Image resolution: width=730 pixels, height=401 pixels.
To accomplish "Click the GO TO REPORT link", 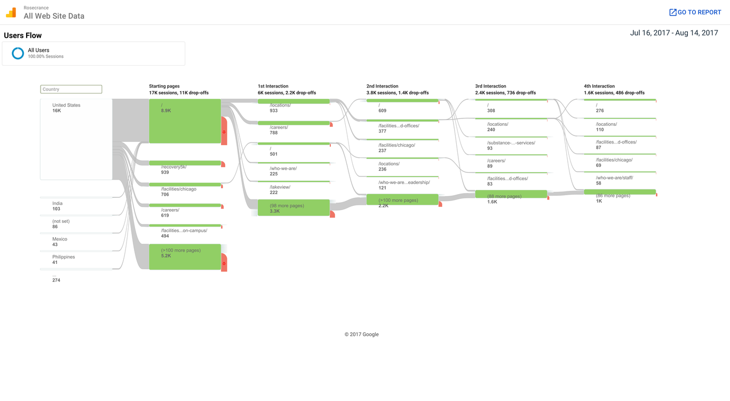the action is point(695,12).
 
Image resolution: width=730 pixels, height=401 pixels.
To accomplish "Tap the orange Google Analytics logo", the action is point(11,13).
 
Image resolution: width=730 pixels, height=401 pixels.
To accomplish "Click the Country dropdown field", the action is point(71,89).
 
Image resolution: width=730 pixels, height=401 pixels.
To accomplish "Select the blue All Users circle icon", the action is point(18,53).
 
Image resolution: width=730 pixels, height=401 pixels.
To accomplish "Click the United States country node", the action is point(76,139).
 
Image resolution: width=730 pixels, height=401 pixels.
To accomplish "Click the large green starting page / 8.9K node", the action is point(185,121).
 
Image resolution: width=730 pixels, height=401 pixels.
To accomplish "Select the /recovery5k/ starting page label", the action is point(174,167).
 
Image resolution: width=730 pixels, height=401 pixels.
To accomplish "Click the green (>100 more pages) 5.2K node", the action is point(185,256).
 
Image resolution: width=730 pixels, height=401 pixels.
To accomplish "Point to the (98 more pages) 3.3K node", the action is point(293,207).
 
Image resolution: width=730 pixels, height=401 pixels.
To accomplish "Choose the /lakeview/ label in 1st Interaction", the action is point(280,187).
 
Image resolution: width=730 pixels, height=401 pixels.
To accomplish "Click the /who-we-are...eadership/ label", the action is point(404,182).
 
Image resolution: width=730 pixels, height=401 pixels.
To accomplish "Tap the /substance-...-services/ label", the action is point(511,143).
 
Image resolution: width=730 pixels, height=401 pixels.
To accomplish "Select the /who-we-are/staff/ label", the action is point(614,178).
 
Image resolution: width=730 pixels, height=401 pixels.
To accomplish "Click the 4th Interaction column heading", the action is point(599,86).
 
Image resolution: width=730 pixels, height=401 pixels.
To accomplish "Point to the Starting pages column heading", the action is point(164,86).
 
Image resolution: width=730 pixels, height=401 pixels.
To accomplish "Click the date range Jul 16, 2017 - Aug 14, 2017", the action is point(674,33).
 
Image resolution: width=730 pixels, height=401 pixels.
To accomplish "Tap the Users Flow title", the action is point(23,36).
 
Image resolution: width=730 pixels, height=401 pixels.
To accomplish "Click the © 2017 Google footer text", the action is point(361,334).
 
